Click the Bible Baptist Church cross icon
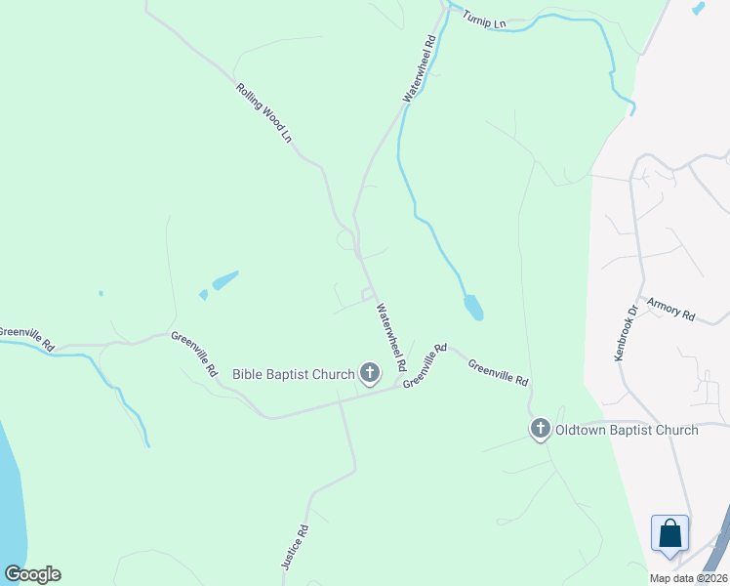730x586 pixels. [x=369, y=372]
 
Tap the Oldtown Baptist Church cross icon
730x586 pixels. [x=541, y=429]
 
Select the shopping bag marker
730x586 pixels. [x=669, y=534]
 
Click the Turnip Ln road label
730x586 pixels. [x=485, y=19]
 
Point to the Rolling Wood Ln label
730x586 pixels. [x=264, y=113]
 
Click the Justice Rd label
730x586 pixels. [x=294, y=547]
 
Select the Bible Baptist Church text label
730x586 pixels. [x=294, y=373]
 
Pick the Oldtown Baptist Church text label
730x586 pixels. [x=627, y=430]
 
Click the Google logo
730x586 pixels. [x=32, y=574]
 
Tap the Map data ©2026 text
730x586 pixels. [x=688, y=578]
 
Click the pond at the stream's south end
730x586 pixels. [x=473, y=308]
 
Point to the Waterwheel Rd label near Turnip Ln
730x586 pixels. [x=420, y=68]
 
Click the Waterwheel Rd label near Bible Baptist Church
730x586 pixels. [x=391, y=336]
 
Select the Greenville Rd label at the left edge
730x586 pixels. [x=26, y=338]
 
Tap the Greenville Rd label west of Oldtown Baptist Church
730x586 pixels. [x=498, y=372]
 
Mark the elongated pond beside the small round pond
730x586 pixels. [x=224, y=280]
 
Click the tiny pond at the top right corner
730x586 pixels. [x=697, y=8]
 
